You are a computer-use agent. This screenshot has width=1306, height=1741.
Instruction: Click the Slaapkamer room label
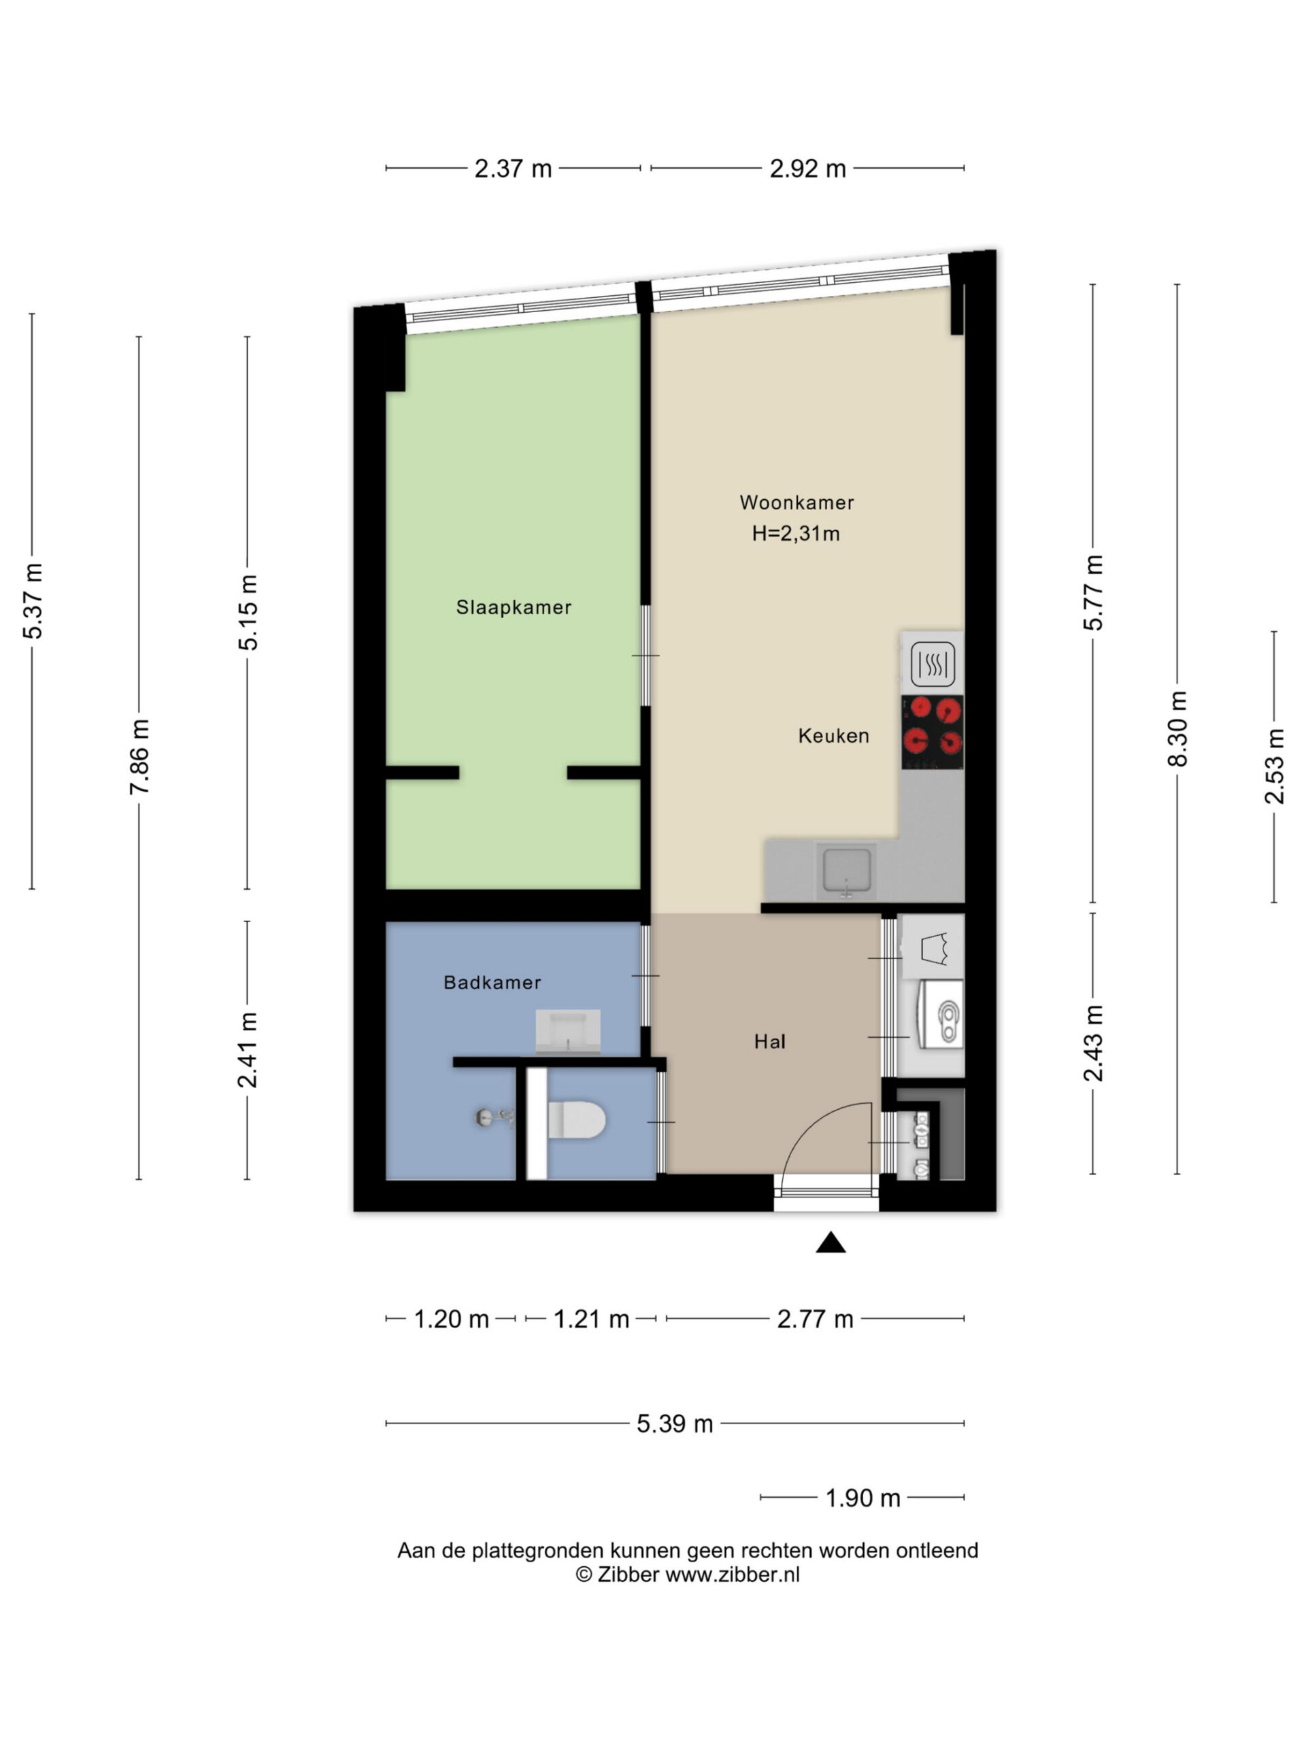[x=514, y=607]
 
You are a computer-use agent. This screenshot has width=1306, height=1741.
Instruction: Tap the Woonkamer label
[x=797, y=502]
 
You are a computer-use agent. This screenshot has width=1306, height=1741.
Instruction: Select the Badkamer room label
[x=492, y=982]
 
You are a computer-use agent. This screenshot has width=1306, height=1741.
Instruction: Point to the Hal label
[x=770, y=1041]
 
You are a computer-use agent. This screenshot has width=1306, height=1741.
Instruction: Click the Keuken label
[x=834, y=736]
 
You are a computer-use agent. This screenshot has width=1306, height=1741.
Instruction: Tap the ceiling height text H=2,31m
[x=796, y=534]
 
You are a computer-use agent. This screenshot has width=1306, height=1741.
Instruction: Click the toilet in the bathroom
[x=576, y=1119]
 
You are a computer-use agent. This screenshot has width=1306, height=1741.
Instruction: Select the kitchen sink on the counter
[x=846, y=871]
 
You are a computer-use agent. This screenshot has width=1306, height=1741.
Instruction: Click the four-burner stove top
[x=933, y=732]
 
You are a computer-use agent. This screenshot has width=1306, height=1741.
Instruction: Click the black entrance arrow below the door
[x=831, y=1243]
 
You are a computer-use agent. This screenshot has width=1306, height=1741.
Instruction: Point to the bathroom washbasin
[x=567, y=1032]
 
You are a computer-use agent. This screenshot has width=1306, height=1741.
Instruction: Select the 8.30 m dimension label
[x=1177, y=729]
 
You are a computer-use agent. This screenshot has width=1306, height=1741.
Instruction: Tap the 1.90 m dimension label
[x=862, y=1498]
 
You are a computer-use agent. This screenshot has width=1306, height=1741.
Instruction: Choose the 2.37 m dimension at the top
[x=514, y=169]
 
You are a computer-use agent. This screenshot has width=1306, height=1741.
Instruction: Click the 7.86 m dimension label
[x=139, y=756]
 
